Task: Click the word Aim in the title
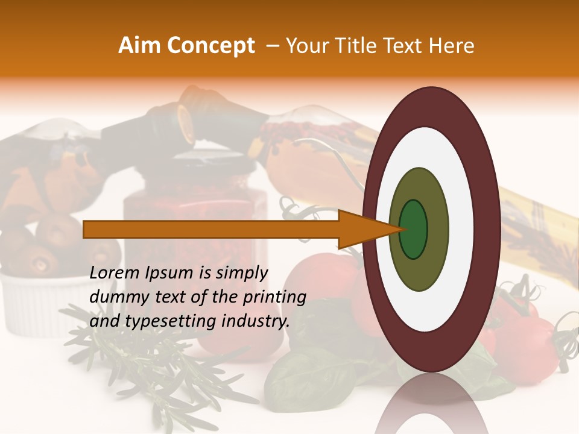pyautogui.click(x=141, y=46)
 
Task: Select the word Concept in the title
pyautogui.click(x=210, y=46)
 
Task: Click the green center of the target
pyautogui.click(x=414, y=230)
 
